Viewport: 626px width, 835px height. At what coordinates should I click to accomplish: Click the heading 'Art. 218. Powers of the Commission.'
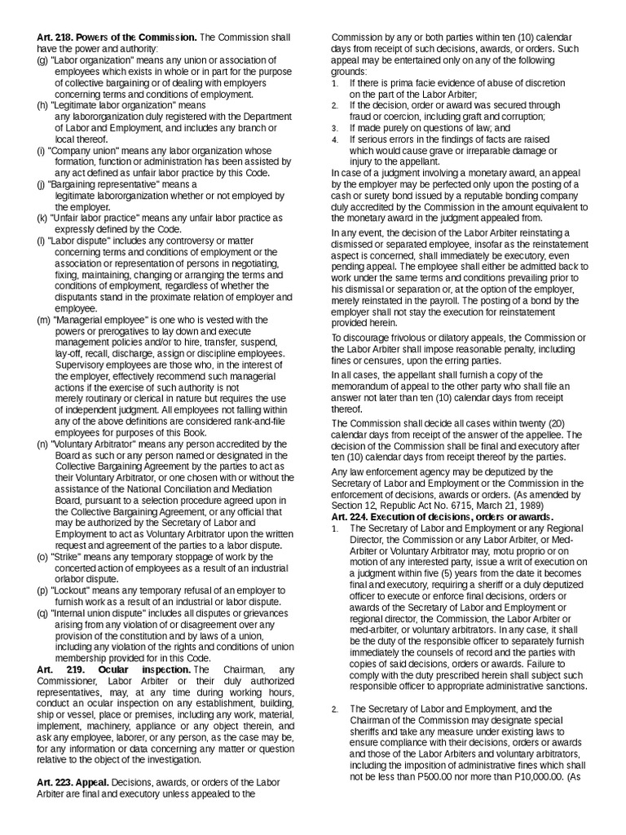tap(117, 38)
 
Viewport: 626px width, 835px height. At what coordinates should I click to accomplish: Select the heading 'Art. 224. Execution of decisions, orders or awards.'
tap(442, 516)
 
